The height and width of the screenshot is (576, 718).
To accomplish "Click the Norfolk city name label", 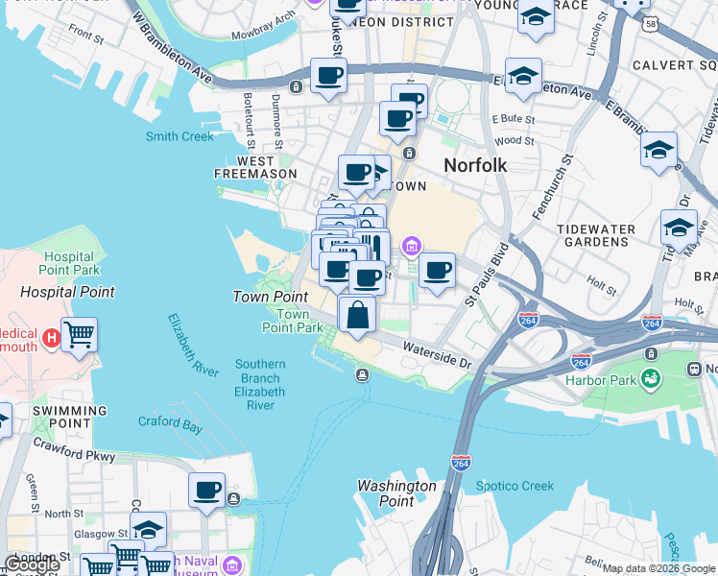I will [474, 165].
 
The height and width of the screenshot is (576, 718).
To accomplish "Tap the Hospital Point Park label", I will [70, 264].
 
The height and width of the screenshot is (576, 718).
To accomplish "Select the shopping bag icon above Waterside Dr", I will [357, 314].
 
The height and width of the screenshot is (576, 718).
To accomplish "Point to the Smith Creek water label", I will [179, 136].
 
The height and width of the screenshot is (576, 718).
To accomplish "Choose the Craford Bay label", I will [170, 421].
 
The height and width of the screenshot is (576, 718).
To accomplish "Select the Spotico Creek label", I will [515, 486].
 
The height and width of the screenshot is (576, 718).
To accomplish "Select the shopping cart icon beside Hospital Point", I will [79, 335].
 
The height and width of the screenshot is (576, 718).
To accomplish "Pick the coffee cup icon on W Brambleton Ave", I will [328, 76].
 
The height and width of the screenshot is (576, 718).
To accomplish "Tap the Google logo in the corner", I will [32, 564].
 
